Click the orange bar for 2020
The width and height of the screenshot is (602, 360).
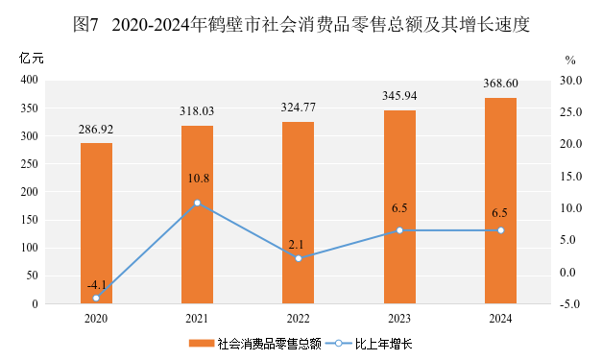pos(96,224)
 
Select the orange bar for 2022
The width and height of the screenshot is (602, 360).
pos(299,212)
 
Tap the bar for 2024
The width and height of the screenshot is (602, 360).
pos(500,201)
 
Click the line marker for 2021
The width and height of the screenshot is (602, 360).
pos(198,203)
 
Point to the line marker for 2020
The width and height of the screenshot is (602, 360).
pos(96,298)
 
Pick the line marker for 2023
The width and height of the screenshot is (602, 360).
pos(399,230)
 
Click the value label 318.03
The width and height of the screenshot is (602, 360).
pos(197,111)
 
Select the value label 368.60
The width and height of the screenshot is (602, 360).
pos(500,84)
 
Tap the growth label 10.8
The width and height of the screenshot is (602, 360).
pos(199,179)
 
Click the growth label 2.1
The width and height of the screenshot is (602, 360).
pos(296,245)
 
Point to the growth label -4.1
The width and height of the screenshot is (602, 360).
pos(97,285)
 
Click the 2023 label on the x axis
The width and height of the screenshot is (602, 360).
pos(399,319)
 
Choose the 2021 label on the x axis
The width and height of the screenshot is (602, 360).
pos(197,319)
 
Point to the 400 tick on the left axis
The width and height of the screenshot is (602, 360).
pos(30,80)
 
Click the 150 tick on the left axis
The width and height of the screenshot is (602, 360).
pos(30,220)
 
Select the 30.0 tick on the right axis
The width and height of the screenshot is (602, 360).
pos(571,81)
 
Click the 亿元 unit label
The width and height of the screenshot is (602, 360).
pos(32,59)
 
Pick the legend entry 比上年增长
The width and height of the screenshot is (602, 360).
pos(383,344)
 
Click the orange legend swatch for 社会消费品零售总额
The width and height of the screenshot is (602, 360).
pos(202,343)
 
